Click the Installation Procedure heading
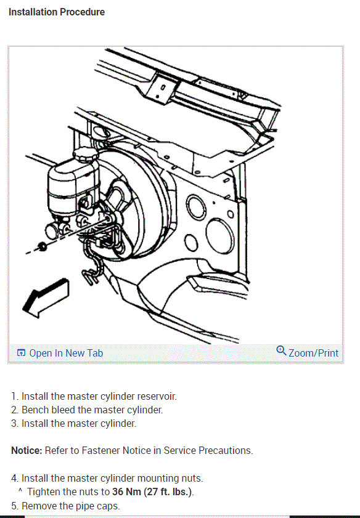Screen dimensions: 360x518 coord(57,12)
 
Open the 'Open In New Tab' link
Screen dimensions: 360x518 coord(66,353)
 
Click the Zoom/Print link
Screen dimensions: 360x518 coord(313,353)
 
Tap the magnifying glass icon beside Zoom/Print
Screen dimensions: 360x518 coord(281,350)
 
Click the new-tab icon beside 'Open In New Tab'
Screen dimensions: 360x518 coord(21,353)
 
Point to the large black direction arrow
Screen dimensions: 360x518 coord(45,298)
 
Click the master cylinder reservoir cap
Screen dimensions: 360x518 coord(86,153)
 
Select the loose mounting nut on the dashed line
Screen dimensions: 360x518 coord(42,247)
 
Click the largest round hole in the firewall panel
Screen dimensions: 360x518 coord(220,236)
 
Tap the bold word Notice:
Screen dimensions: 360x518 coord(27,451)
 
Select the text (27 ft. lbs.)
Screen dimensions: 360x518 coord(168,492)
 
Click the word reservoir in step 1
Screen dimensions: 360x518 coord(157,397)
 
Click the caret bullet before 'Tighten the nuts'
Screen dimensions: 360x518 coord(20,490)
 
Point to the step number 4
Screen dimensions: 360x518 coord(14,479)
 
